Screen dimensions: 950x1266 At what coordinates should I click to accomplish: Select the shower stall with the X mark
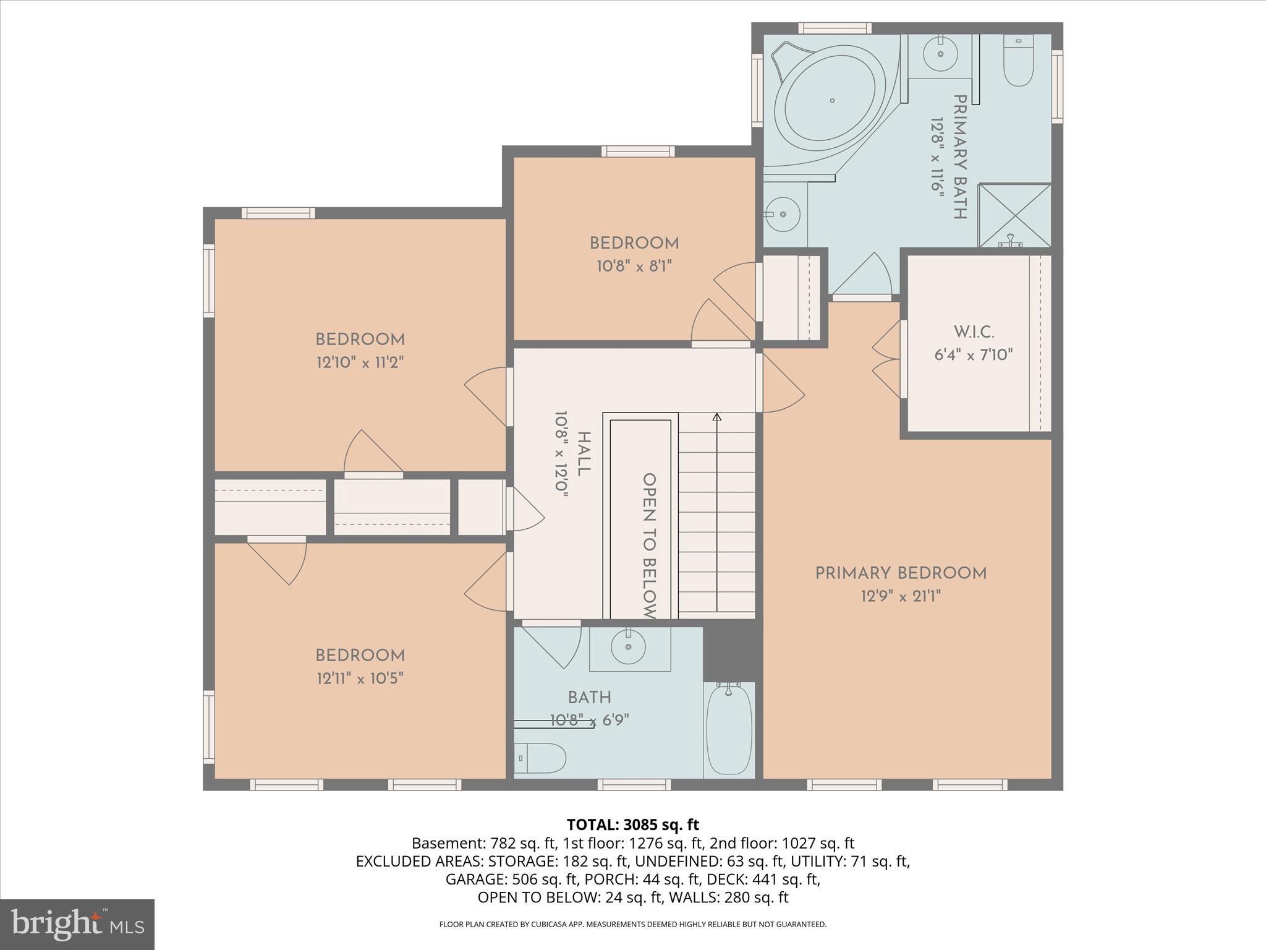click(1014, 215)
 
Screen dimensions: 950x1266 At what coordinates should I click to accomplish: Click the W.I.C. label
click(974, 332)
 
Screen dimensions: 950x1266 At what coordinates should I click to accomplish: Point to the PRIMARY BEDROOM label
click(901, 573)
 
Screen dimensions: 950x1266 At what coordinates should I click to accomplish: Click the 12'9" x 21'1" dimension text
click(901, 597)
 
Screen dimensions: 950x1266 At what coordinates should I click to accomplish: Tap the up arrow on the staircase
click(717, 417)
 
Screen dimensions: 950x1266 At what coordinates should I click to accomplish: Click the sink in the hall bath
click(628, 647)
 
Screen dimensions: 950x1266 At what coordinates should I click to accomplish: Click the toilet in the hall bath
click(540, 758)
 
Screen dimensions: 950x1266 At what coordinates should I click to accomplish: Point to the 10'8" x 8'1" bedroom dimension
click(634, 267)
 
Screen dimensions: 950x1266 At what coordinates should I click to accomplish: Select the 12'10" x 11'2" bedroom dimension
click(360, 362)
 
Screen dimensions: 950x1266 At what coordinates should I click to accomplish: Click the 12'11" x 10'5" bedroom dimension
click(360, 678)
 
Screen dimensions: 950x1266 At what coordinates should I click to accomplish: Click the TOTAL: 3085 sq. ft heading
click(632, 824)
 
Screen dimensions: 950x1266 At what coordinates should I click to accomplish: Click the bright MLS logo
click(77, 924)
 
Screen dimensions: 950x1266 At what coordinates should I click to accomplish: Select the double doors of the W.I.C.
click(887, 359)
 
